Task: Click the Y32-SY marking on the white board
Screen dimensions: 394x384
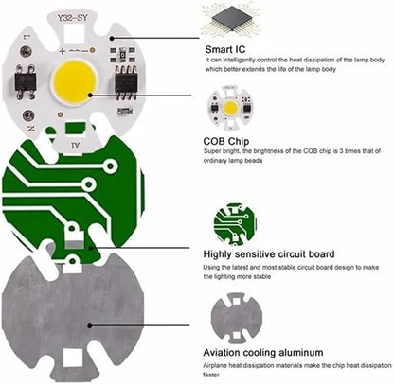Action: coord(72,18)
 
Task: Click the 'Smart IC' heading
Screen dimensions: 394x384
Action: coord(224,49)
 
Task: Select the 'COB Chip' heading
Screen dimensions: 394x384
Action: coord(226,141)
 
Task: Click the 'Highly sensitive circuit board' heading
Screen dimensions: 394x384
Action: coord(269,254)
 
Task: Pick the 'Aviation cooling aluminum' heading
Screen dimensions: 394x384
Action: coord(263,352)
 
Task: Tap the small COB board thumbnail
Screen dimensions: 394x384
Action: coord(230,108)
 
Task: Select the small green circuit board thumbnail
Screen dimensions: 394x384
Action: coord(235,224)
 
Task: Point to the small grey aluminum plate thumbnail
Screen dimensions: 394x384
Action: coord(237,318)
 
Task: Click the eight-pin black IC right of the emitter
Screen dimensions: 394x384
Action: coord(126,82)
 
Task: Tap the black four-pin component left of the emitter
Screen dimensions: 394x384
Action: coord(27,81)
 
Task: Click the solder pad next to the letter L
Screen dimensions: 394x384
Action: coord(26,51)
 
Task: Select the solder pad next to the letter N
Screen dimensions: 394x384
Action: coord(27,115)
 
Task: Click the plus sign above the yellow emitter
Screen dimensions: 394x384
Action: coord(63,51)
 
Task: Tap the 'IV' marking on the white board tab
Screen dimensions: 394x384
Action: coord(75,146)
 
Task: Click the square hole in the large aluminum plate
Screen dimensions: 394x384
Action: coord(73,358)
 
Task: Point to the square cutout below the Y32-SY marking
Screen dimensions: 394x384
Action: coord(75,33)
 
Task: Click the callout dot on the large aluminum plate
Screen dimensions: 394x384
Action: coord(90,325)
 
